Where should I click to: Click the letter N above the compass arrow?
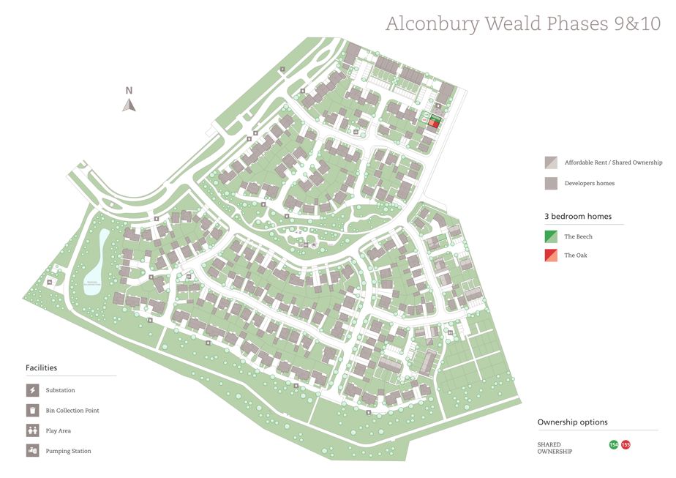click(129, 91)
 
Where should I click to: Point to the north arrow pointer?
click(129, 105)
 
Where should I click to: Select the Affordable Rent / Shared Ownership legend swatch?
click(551, 163)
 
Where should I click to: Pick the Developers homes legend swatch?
click(551, 183)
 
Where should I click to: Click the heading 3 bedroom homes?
click(577, 217)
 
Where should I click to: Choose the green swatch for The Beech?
click(551, 236)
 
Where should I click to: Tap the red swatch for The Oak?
click(551, 255)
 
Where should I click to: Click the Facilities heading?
click(41, 367)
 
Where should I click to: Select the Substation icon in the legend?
click(32, 390)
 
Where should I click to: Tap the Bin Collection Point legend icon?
click(32, 410)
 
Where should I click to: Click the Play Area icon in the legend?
click(32, 430)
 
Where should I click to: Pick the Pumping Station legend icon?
click(32, 451)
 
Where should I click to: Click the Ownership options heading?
click(572, 422)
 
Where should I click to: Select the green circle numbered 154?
click(614, 444)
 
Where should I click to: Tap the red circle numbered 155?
click(626, 444)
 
